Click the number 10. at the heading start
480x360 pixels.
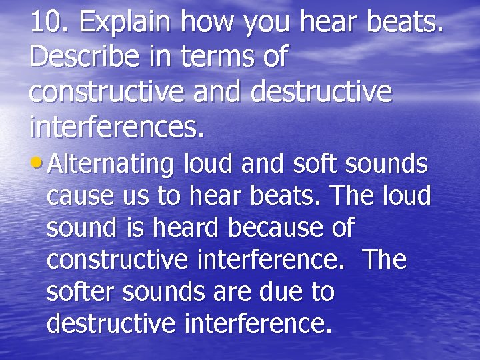50,23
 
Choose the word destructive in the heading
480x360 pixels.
321,91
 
